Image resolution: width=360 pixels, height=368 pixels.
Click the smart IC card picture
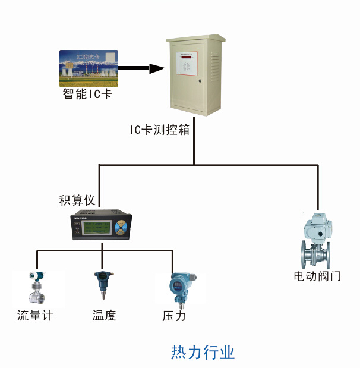[x=89, y=69]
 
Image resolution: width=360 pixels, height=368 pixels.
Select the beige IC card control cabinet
[x=195, y=77]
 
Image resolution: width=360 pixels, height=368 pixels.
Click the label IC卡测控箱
[x=160, y=130]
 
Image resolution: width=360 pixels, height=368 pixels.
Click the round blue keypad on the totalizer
[x=121, y=228]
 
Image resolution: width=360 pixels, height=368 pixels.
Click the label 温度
[x=104, y=316]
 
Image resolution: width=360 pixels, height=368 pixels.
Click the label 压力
[x=174, y=316]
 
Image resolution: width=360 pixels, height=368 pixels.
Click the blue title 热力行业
[x=203, y=352]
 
